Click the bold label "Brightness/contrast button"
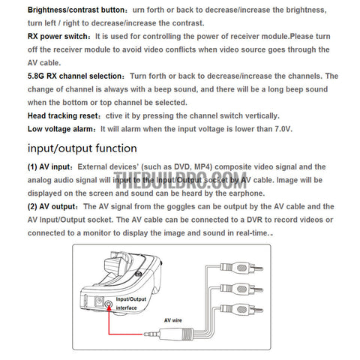pyautogui.click(x=76, y=10)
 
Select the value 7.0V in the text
pyautogui.click(x=283, y=129)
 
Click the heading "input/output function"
pyautogui.click(x=82, y=148)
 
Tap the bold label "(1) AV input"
pyautogui.click(x=49, y=167)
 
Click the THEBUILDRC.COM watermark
pyautogui.click(x=180, y=181)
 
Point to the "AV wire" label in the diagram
pyautogui.click(x=173, y=320)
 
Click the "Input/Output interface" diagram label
pyautogui.click(x=130, y=304)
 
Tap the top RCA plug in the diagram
pyautogui.click(x=241, y=268)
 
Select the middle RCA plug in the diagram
pyautogui.click(x=241, y=289)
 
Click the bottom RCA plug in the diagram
pyautogui.click(x=241, y=309)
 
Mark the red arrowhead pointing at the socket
pyautogui.click(x=109, y=308)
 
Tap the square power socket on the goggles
pyautogui.click(x=100, y=301)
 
